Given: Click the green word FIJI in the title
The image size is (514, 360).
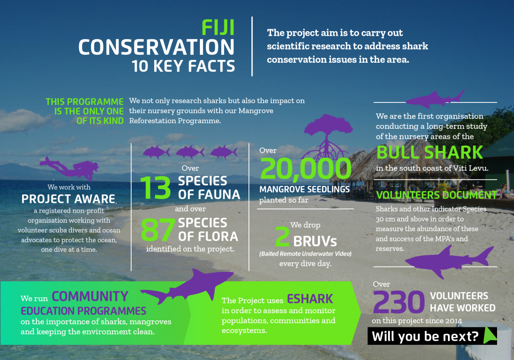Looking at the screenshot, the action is (218, 27).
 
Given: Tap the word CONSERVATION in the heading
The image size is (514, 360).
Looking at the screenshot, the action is (157, 47).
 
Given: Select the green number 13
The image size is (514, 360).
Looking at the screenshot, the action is (156, 187).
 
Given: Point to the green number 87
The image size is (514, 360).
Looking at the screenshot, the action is (158, 229).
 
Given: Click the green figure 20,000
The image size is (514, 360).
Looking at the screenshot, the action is (306, 169).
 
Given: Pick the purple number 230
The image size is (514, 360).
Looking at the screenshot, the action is (398, 301).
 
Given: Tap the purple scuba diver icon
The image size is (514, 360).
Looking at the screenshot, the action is (69, 167).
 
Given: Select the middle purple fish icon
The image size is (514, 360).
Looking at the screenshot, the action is (190, 152).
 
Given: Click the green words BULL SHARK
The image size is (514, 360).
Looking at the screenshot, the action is (430, 152).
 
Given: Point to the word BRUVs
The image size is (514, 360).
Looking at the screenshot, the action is (315, 241).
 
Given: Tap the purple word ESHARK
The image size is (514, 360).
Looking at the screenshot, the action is (310, 299).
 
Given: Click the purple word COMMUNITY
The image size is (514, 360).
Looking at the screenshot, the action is (90, 296).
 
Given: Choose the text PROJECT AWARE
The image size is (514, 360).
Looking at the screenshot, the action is (68, 199).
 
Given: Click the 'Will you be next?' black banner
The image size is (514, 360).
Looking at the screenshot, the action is (432, 336).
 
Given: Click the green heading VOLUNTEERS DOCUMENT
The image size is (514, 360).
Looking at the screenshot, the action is (436, 195).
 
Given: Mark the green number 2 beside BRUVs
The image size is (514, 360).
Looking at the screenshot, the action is (282, 236).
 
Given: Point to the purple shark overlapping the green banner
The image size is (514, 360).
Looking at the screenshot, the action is (187, 286).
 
